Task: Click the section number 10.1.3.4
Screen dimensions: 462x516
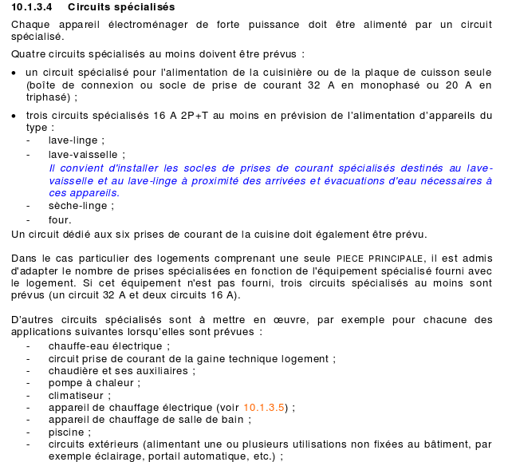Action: pos(33,7)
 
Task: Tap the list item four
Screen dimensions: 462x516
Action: pos(60,219)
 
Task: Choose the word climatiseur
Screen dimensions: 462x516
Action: pos(78,395)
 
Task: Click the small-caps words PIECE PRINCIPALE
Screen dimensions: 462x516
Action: pos(380,259)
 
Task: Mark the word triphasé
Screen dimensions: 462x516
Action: pos(48,97)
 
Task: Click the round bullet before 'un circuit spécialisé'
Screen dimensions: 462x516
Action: pos(14,73)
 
